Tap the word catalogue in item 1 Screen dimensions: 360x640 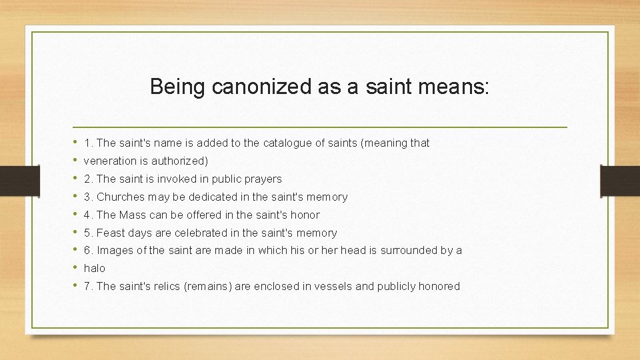click(288, 143)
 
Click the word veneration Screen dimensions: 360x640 click(111, 161)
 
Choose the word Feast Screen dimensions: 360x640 click(111, 233)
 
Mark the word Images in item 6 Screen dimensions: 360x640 click(114, 251)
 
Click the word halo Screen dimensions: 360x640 click(95, 268)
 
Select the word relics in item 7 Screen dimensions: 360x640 click(171, 286)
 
